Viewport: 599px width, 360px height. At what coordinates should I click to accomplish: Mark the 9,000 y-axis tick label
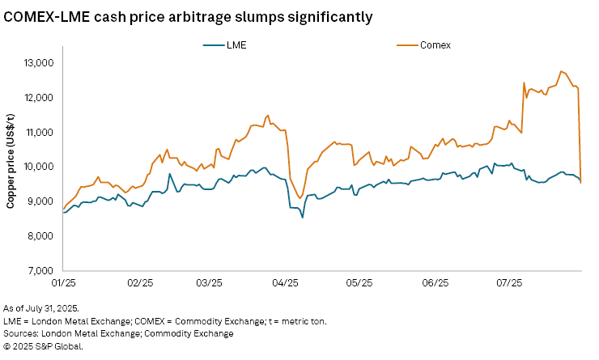(39, 201)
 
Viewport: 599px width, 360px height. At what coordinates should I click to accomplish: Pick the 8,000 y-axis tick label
(39, 236)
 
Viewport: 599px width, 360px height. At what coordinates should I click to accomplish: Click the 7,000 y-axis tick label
(39, 271)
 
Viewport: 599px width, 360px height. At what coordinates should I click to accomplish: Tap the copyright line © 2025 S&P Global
(43, 345)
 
